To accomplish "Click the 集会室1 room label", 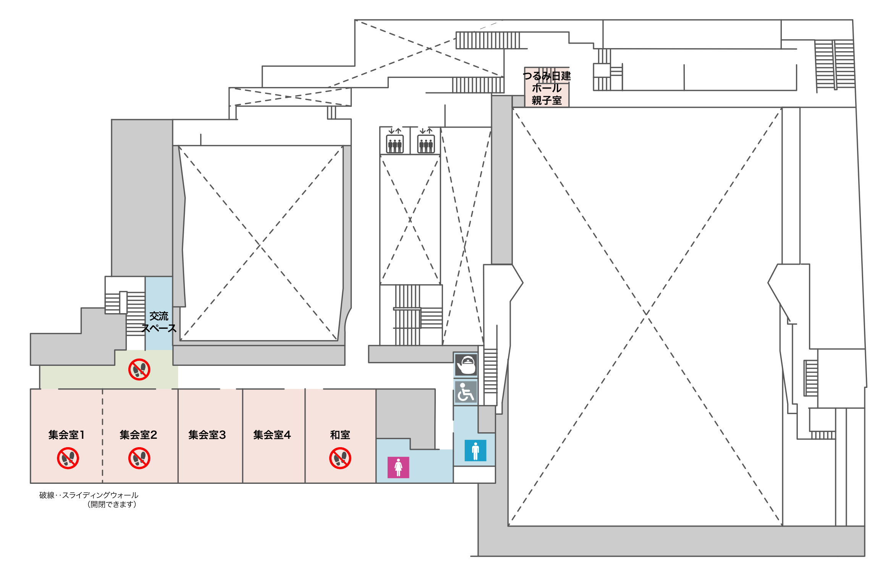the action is pyautogui.click(x=66, y=435).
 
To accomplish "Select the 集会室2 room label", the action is pyautogui.click(x=138, y=435).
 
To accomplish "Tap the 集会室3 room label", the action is pyautogui.click(x=207, y=435).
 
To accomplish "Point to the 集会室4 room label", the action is pyautogui.click(x=272, y=435).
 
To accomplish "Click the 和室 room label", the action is pyautogui.click(x=340, y=435).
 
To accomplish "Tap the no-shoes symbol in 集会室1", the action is pyautogui.click(x=68, y=458).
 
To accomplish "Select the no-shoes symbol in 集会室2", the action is pyautogui.click(x=139, y=458).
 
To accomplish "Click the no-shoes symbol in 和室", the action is pyautogui.click(x=340, y=458).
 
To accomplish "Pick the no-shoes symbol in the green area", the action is pyautogui.click(x=139, y=369).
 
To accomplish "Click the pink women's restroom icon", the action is pyautogui.click(x=398, y=467).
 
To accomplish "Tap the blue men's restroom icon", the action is pyautogui.click(x=475, y=451).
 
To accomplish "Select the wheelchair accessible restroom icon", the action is pyautogui.click(x=466, y=392).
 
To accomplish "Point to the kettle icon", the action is pyautogui.click(x=466, y=365).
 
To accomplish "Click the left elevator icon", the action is pyautogui.click(x=395, y=141).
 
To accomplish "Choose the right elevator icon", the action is pyautogui.click(x=426, y=141).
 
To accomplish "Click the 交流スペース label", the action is pyautogui.click(x=159, y=322).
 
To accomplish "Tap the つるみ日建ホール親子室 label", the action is pyautogui.click(x=547, y=88).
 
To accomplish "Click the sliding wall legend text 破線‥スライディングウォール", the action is pyautogui.click(x=89, y=495).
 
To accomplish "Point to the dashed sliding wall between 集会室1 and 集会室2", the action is pyautogui.click(x=102, y=436).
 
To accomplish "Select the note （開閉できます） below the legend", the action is pyautogui.click(x=112, y=504).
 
